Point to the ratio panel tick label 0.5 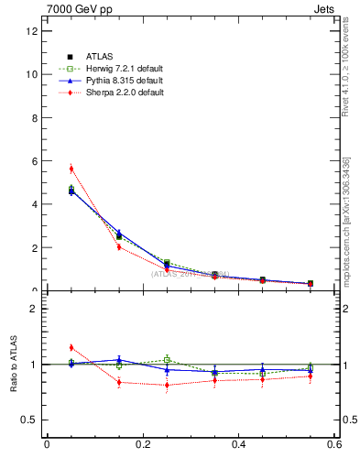click(x=29, y=420)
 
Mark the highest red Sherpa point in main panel click(x=71, y=169)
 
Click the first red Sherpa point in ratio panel click(x=71, y=347)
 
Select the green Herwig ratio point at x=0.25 click(x=167, y=359)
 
